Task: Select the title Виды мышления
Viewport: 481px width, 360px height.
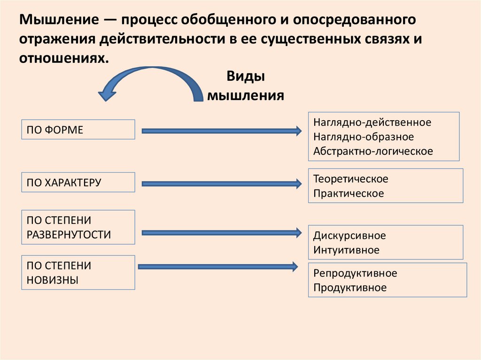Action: point(246,86)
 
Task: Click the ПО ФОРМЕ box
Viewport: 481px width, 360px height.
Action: point(78,130)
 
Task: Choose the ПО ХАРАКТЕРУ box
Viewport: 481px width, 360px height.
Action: point(78,182)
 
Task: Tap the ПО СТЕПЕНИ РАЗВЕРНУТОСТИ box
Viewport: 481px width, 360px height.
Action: point(78,227)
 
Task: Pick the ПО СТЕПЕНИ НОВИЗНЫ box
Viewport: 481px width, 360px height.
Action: point(78,273)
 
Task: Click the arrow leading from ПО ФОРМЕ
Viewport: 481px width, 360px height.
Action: point(221,131)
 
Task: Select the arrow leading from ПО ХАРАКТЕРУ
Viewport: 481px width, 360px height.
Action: point(221,184)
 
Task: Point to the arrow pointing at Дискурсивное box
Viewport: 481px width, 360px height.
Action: point(221,232)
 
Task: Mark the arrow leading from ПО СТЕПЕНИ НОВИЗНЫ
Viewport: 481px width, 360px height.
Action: point(218,267)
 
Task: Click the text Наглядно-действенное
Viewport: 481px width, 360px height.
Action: point(372,123)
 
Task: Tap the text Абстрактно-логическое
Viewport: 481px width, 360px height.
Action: point(373,151)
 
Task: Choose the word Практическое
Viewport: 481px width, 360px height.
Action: point(349,193)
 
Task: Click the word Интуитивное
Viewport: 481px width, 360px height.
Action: point(346,250)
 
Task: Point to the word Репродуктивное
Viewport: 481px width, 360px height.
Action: point(355,273)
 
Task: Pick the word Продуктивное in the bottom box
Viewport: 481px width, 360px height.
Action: point(350,287)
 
